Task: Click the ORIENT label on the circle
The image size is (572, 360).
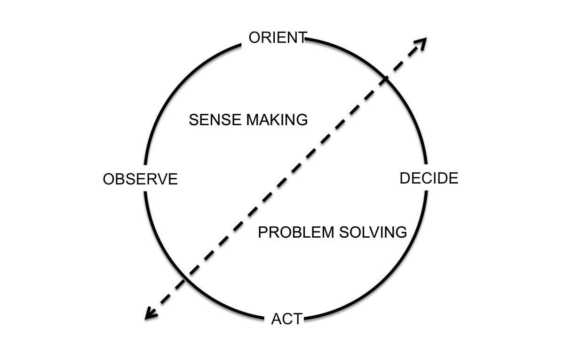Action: click(x=278, y=38)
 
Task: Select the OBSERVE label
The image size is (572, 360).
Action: click(x=140, y=179)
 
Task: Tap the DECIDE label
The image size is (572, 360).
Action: click(x=429, y=178)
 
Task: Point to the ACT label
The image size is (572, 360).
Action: click(x=286, y=319)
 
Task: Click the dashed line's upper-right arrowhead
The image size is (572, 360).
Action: click(x=421, y=42)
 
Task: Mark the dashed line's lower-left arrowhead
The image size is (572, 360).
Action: click(x=150, y=314)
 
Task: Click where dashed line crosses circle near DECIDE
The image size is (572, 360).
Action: click(x=385, y=79)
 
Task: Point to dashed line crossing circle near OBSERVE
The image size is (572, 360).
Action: click(x=185, y=280)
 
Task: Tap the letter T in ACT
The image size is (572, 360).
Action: click(x=296, y=319)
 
